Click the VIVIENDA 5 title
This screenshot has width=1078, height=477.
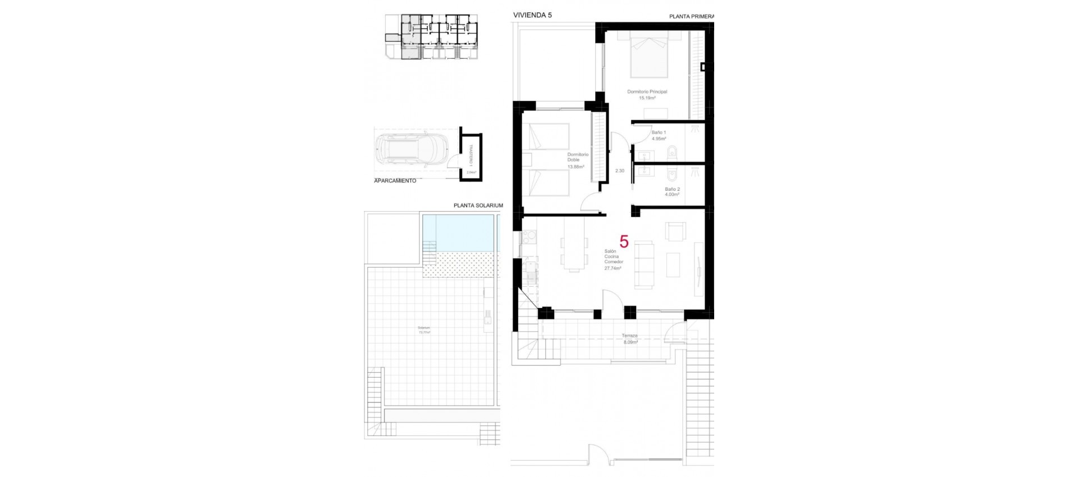click(532, 15)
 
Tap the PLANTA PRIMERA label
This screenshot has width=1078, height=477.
click(691, 16)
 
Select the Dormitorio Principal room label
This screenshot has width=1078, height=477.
click(647, 91)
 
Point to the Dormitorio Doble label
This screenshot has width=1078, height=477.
click(577, 157)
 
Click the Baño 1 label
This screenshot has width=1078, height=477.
click(659, 132)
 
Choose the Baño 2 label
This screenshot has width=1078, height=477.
click(672, 189)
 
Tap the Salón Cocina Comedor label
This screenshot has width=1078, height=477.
click(613, 256)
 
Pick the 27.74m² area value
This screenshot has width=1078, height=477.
click(613, 268)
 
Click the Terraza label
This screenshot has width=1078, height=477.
click(629, 336)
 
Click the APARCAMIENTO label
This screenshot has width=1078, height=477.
click(395, 181)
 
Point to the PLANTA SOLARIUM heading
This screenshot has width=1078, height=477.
click(478, 206)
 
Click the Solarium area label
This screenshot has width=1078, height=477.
click(424, 328)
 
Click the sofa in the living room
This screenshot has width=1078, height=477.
click(644, 265)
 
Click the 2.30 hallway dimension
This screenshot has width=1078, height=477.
click(619, 171)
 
